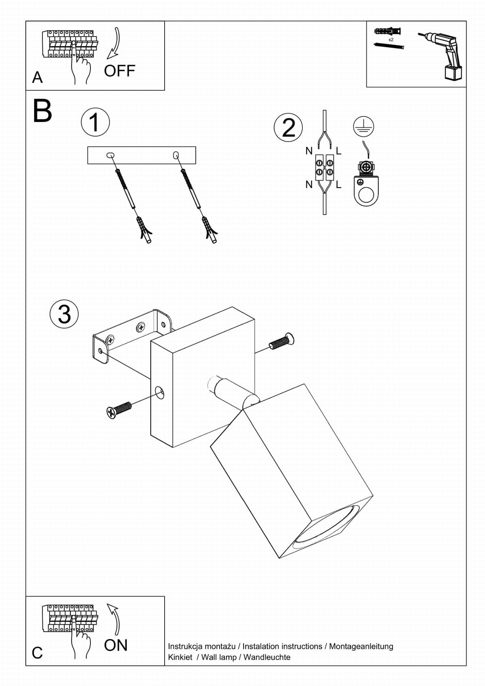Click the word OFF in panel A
point(119,71)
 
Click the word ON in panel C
point(116,645)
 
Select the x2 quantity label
point(391,40)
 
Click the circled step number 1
point(95,122)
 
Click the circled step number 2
point(288,128)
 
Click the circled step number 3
point(64,314)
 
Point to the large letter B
point(42,111)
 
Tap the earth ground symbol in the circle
point(363,127)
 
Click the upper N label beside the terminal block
point(309,151)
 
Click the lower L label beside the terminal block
point(339,184)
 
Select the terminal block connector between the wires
point(324,168)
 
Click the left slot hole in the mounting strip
point(110,155)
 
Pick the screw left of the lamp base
point(119,410)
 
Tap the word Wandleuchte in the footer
point(267,657)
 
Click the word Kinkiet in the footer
point(180,657)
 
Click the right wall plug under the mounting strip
point(209,230)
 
